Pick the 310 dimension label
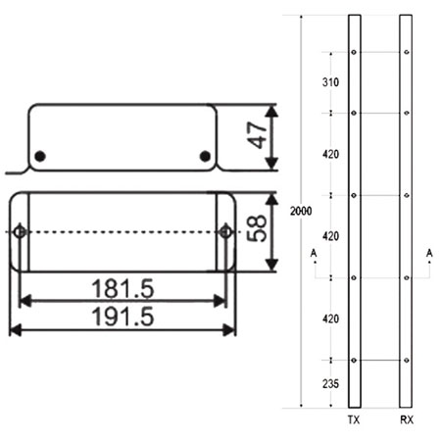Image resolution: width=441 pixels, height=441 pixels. pyautogui.click(x=330, y=83)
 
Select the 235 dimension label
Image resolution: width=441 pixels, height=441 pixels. pyautogui.click(x=330, y=384)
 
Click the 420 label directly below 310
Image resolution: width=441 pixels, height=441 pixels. pyautogui.click(x=330, y=154)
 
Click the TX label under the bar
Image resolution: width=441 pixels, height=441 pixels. pyautogui.click(x=354, y=419)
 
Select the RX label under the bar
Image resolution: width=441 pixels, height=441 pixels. pyautogui.click(x=407, y=419)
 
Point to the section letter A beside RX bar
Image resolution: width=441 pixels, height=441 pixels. pyautogui.click(x=430, y=253)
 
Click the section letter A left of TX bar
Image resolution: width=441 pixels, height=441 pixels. pyautogui.click(x=312, y=253)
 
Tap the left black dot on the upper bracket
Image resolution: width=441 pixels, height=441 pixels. pyautogui.click(x=40, y=157)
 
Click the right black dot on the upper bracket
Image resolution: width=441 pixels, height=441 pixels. pyautogui.click(x=204, y=157)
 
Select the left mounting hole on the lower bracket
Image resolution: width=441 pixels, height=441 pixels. pyautogui.click(x=20, y=231)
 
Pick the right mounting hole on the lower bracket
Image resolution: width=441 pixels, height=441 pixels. pyautogui.click(x=226, y=231)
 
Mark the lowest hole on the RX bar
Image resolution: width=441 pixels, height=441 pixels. pyautogui.click(x=407, y=361)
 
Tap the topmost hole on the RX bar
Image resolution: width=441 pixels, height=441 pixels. pyautogui.click(x=407, y=51)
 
